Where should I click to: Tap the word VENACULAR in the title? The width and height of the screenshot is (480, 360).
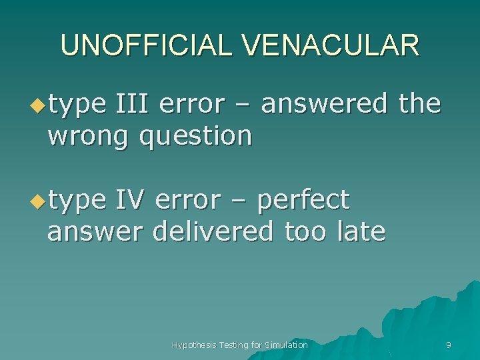pyautogui.click(x=331, y=45)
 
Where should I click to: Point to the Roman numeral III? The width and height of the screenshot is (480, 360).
pyautogui.click(x=133, y=104)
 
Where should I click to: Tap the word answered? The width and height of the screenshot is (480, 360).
pyautogui.click(x=324, y=104)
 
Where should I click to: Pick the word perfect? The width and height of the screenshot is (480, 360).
pyautogui.click(x=303, y=199)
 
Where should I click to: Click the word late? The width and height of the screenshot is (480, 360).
pyautogui.click(x=361, y=231)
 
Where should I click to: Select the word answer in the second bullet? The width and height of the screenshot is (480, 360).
pyautogui.click(x=95, y=232)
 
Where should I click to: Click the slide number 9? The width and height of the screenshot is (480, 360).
pyautogui.click(x=448, y=345)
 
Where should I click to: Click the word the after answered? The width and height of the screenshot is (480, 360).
pyautogui.click(x=419, y=104)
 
